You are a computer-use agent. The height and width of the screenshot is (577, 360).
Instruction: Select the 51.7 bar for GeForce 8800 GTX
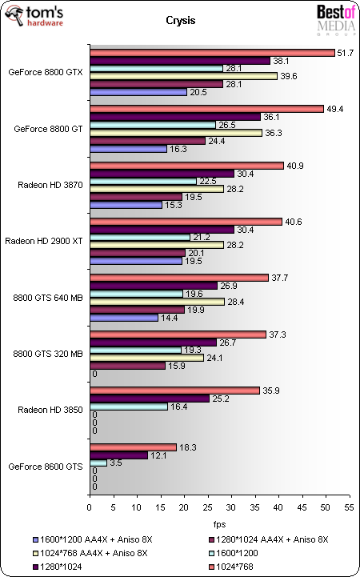(x=212, y=53)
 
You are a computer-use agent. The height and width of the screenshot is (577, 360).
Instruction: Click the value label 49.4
(x=336, y=108)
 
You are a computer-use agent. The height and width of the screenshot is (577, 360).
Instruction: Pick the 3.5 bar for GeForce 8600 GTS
(x=98, y=463)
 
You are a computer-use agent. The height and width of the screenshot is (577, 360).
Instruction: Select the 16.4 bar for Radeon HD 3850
(x=129, y=407)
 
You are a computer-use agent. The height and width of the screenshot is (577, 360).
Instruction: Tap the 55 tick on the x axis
(x=348, y=507)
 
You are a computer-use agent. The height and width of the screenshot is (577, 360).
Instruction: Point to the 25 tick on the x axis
(x=207, y=507)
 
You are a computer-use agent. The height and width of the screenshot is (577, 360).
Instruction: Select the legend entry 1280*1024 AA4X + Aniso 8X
(x=263, y=539)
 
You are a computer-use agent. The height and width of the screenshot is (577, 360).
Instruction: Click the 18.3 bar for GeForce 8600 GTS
(x=133, y=447)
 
